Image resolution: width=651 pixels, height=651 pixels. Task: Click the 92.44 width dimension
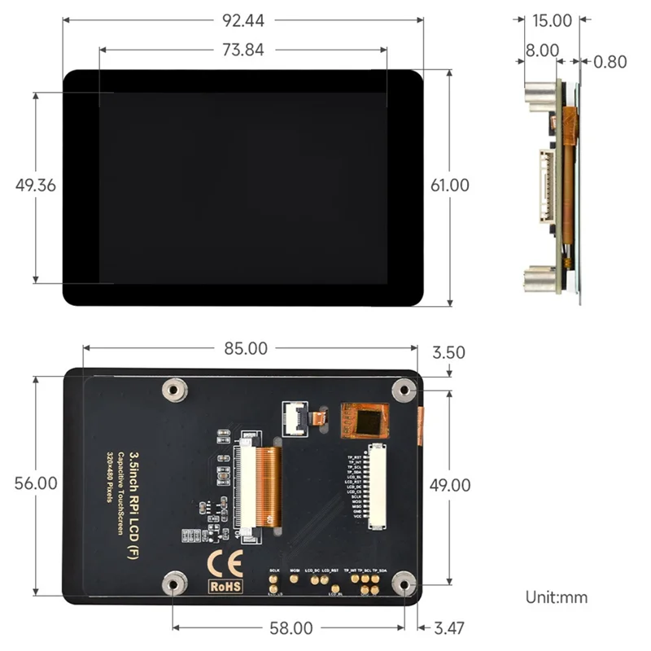[x=242, y=20]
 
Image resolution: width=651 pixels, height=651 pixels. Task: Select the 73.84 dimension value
[x=242, y=50]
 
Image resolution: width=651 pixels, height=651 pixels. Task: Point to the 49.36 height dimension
[x=36, y=186]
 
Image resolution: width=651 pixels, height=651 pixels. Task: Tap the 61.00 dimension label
[x=450, y=186]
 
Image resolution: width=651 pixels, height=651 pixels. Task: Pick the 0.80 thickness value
[x=610, y=62]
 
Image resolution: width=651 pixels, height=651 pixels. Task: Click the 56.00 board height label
[x=36, y=483]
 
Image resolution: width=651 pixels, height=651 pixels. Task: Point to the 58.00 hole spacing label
[x=291, y=628]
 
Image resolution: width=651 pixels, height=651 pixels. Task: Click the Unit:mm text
[x=556, y=597]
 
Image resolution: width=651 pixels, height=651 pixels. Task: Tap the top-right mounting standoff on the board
[x=402, y=389]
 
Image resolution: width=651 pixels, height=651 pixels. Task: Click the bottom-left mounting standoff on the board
[x=172, y=583]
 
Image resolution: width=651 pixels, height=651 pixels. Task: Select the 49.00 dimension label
[x=450, y=486]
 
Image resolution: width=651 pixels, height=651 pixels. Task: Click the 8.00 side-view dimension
[x=542, y=50]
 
